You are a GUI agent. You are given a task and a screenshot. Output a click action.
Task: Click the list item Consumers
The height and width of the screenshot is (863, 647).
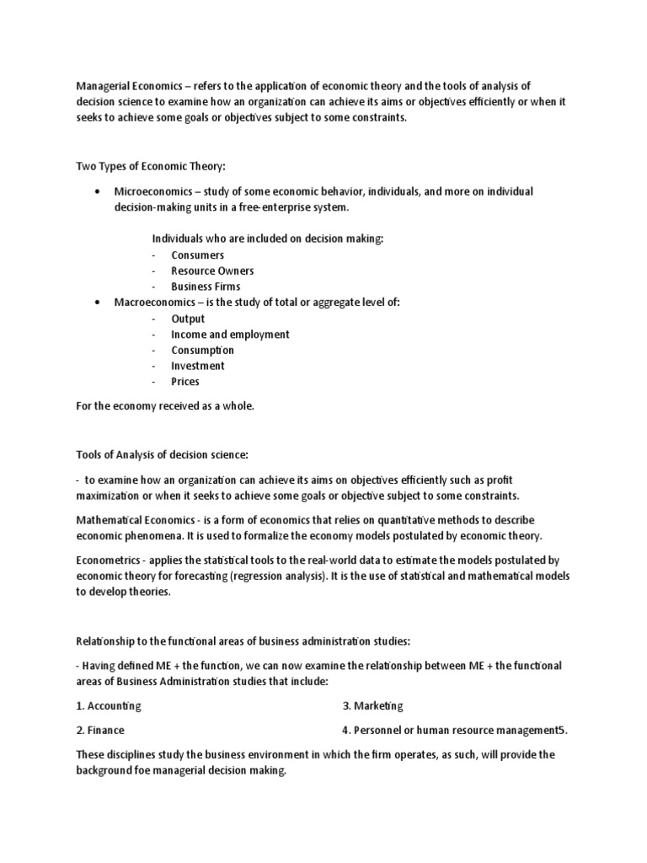[197, 255]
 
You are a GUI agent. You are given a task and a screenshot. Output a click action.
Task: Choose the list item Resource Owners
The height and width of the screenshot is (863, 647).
[212, 271]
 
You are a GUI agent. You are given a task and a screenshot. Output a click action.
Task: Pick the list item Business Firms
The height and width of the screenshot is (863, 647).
[206, 287]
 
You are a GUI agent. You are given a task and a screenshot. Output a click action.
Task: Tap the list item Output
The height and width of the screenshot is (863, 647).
[188, 319]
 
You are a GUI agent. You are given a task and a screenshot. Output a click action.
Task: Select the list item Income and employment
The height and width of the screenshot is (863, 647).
[230, 335]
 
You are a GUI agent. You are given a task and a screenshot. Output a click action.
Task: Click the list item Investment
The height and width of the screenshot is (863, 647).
[197, 366]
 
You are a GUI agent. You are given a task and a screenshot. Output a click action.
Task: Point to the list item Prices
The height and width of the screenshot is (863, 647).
[185, 382]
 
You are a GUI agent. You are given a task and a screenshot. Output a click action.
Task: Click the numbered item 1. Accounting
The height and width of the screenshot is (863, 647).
[108, 705]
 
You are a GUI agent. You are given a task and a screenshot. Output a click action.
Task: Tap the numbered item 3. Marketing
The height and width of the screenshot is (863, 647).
[372, 705]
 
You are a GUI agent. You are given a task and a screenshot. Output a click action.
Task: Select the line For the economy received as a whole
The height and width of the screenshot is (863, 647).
[164, 406]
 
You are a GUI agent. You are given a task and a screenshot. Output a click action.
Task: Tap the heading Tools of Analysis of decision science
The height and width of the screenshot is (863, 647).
[163, 455]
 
